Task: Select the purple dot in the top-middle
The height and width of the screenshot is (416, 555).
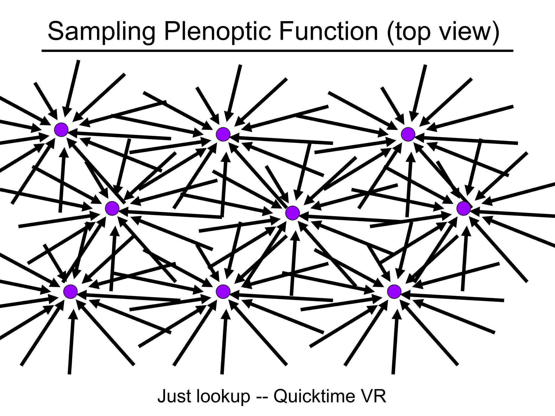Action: click(x=223, y=134)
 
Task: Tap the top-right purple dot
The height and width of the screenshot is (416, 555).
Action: click(x=408, y=134)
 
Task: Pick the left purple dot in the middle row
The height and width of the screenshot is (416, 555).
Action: click(x=112, y=208)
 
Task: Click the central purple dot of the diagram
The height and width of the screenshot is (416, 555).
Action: click(x=292, y=213)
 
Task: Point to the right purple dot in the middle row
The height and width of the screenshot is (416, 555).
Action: click(x=463, y=208)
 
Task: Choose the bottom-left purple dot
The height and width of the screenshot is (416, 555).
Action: click(x=70, y=291)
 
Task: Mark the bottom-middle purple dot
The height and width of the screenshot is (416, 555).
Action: click(x=223, y=291)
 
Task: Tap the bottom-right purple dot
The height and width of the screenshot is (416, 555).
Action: click(x=394, y=291)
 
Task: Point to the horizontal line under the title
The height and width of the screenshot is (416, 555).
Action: click(x=277, y=51)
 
